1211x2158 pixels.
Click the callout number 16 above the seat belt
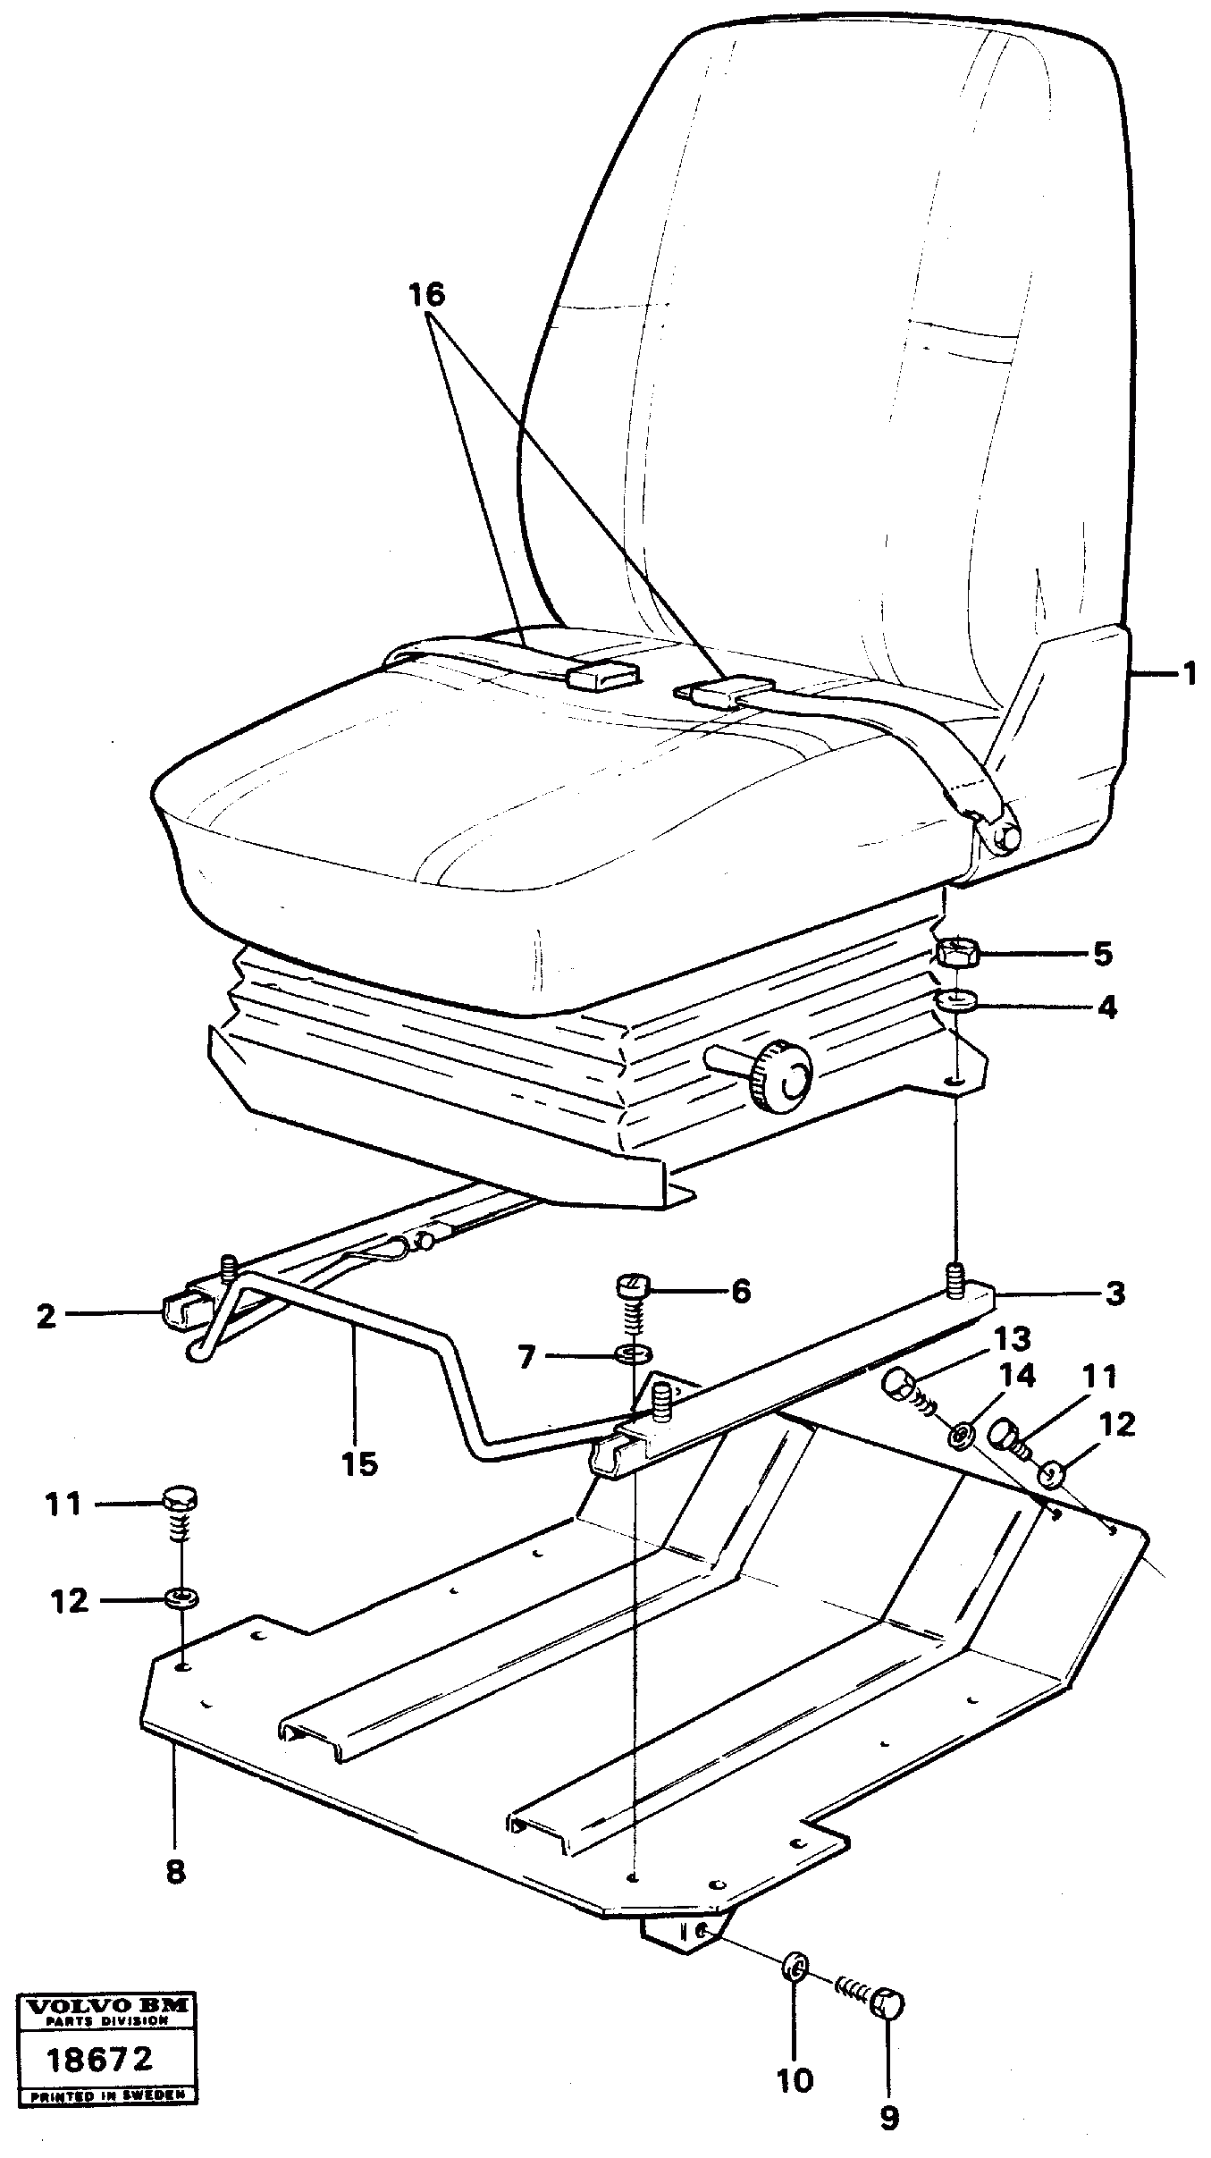pyautogui.click(x=426, y=295)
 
